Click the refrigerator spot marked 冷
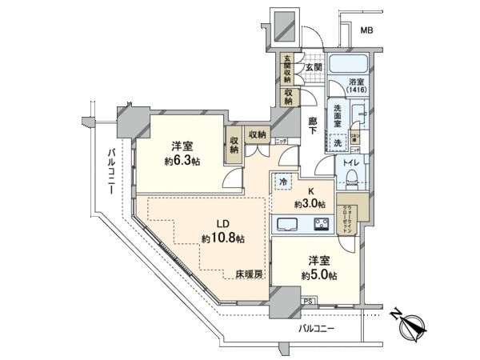(x=282, y=181)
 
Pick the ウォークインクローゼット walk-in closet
(x=351, y=214)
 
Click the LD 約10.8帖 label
(x=222, y=232)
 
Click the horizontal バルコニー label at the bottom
(x=318, y=329)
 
